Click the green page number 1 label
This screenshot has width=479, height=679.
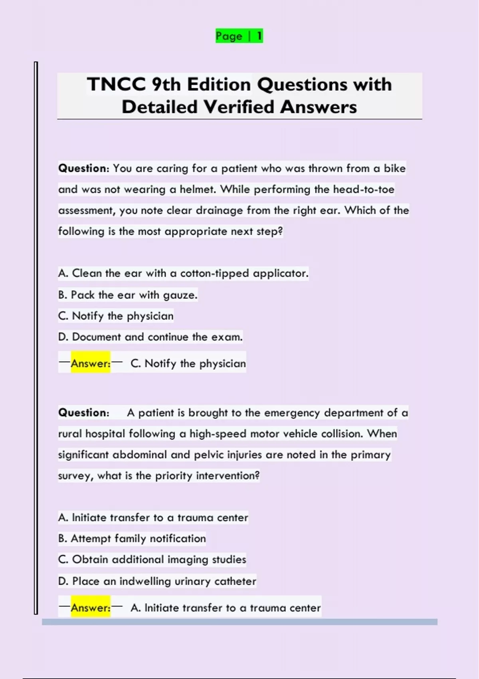239,36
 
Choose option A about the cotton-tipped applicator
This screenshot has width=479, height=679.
183,273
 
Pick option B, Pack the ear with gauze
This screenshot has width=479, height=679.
128,295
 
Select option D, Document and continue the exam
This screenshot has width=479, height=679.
150,337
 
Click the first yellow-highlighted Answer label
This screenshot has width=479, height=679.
91,363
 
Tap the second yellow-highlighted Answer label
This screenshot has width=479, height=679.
91,608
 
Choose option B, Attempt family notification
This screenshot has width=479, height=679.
132,538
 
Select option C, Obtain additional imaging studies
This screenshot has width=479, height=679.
152,559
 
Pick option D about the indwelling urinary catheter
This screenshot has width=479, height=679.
157,581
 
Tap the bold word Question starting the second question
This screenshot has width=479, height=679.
83,413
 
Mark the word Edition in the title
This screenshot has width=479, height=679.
219,84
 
